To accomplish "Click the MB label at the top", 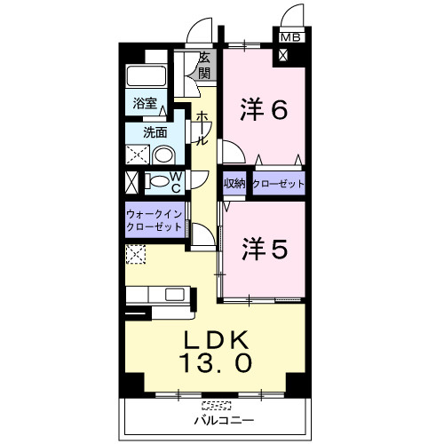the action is [290, 37].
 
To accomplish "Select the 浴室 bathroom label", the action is [145, 103].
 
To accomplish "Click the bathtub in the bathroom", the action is [146, 75].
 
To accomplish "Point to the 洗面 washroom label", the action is [155, 132].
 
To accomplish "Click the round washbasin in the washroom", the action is [163, 155].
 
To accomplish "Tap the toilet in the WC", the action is [156, 181].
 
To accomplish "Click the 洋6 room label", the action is [264, 109].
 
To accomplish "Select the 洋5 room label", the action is [265, 249].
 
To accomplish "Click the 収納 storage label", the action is [234, 184].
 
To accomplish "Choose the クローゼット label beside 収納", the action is [279, 184].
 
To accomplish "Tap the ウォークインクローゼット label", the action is [154, 220].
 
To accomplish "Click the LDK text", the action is [216, 340].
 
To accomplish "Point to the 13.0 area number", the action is [215, 363].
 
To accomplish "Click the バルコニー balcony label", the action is [224, 420].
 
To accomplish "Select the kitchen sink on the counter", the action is [175, 295].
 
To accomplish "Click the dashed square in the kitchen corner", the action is [136, 254].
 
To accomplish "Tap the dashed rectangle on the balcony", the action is [216, 405].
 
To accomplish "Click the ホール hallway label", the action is [202, 128].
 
